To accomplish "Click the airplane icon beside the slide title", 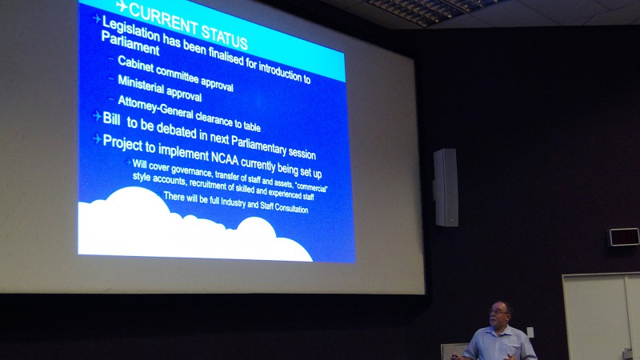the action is coord(122,6).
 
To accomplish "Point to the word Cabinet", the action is coord(136,64).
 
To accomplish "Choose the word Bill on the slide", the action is coord(111,118).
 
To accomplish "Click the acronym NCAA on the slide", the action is coord(225,157).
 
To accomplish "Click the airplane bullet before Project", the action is coord(97,139).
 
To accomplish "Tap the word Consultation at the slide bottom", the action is coord(291,208).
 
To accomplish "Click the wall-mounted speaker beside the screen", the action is coord(446,187).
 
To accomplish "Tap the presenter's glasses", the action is coord(498,312).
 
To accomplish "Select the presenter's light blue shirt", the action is coord(500,344).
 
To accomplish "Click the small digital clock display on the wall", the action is coord(623,237).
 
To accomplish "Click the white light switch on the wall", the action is coord(530,332).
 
